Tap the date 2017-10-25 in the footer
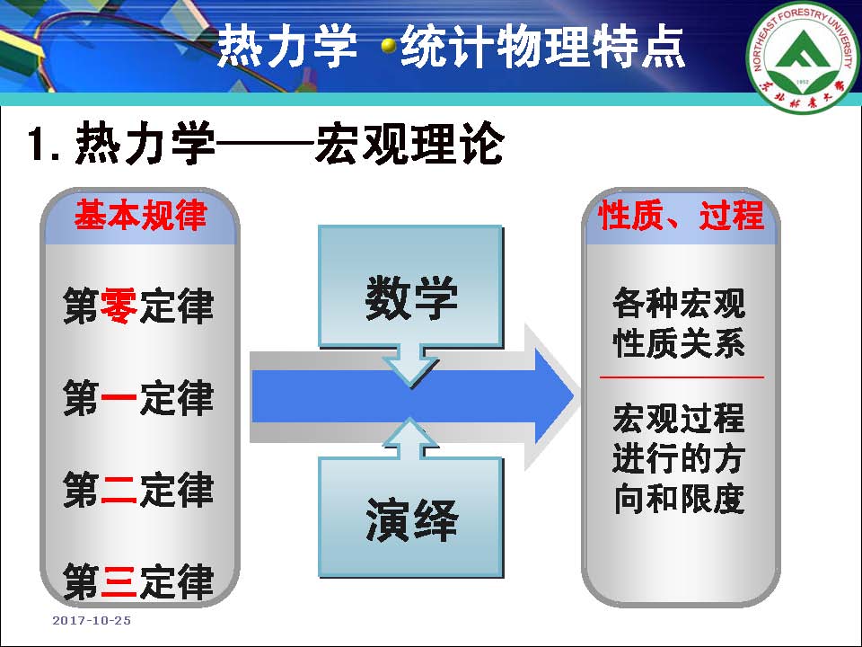92,620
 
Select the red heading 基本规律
140,216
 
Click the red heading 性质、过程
681,216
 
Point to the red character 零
119,306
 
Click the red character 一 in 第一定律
119,398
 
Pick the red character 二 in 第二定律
119,490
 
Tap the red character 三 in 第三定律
119,581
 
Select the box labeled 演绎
410,519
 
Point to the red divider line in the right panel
682,377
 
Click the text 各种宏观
679,304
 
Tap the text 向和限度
679,497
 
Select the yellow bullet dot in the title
389,45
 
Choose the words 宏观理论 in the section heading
409,144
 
